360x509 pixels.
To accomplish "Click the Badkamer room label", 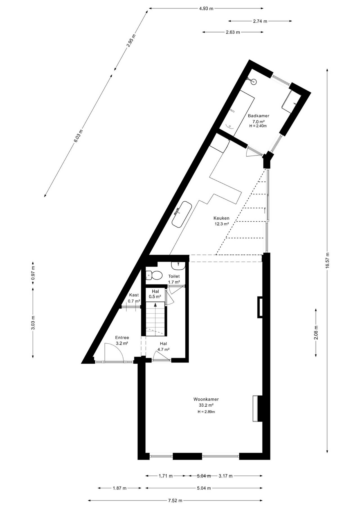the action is [x=258, y=116].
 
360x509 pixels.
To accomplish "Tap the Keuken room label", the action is [x=221, y=218].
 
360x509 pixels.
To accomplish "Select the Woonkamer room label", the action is [x=206, y=399].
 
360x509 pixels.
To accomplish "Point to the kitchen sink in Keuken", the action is [x=182, y=214].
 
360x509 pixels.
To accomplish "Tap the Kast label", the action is [x=134, y=295].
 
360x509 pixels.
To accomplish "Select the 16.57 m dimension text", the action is [x=327, y=261].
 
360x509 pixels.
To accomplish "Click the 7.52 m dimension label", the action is [x=175, y=500].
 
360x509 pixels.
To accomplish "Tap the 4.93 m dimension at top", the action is [x=206, y=8].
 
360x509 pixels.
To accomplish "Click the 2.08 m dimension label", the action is [x=316, y=332].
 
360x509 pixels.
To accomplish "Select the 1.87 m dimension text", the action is [x=120, y=488].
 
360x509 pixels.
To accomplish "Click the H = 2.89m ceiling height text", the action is [x=206, y=412].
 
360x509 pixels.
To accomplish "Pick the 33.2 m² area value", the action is [x=206, y=405].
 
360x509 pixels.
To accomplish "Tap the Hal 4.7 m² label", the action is [x=163, y=346].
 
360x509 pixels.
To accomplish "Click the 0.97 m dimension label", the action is [x=33, y=272].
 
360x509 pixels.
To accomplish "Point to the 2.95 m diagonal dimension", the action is [x=131, y=40].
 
